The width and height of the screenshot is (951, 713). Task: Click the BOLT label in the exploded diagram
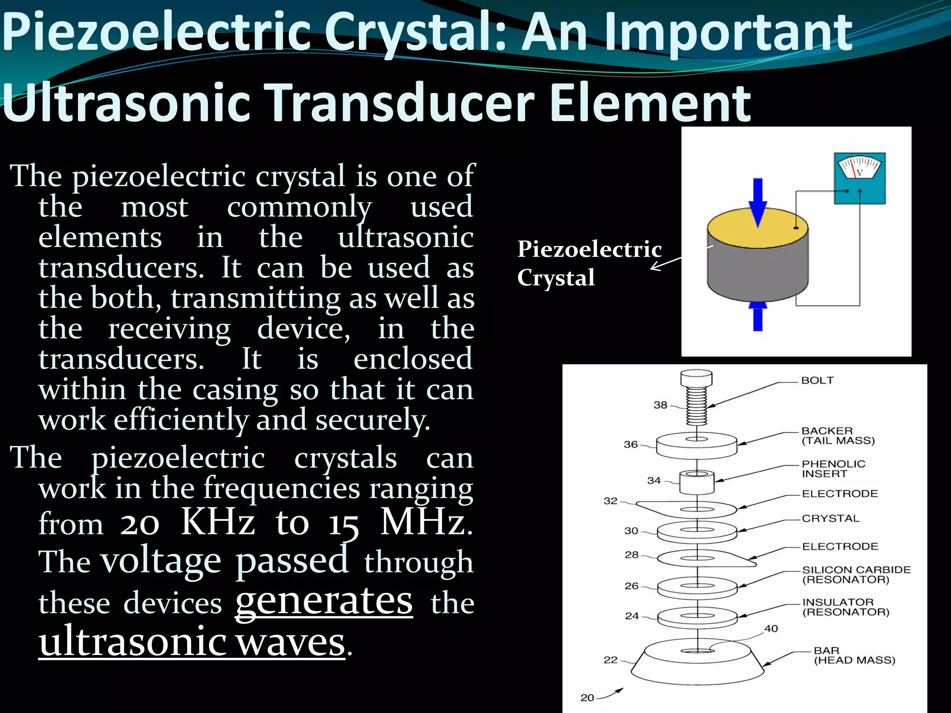tap(817, 380)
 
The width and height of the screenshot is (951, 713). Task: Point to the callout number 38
tap(660, 405)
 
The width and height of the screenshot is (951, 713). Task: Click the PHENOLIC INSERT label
tap(834, 469)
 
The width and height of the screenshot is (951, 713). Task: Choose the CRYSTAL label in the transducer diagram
tap(830, 519)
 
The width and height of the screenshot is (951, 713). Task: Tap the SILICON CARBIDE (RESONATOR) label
tap(856, 575)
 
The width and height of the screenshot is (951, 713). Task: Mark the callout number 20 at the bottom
tap(587, 698)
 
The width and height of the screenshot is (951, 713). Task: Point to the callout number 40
tap(771, 629)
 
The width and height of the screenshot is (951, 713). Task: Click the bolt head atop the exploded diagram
tap(696, 378)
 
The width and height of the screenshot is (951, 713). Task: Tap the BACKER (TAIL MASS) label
tap(838, 436)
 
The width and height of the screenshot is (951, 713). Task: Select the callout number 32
tap(610, 501)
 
